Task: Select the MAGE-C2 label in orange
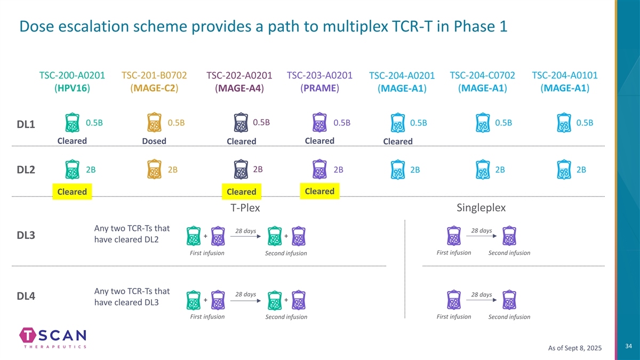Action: [x=154, y=88]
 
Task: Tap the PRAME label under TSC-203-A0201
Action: [x=320, y=88]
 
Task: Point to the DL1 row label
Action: [x=26, y=125]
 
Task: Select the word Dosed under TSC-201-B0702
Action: [x=154, y=141]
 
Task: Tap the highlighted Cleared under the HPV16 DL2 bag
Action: [x=72, y=192]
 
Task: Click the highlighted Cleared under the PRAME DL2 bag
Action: [x=319, y=191]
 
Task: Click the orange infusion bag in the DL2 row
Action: [x=154, y=170]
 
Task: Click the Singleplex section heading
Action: [x=482, y=207]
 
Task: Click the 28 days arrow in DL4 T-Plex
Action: [x=245, y=299]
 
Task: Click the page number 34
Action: [x=628, y=347]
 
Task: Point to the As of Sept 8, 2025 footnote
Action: [x=575, y=348]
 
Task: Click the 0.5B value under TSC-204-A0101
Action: [x=585, y=123]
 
